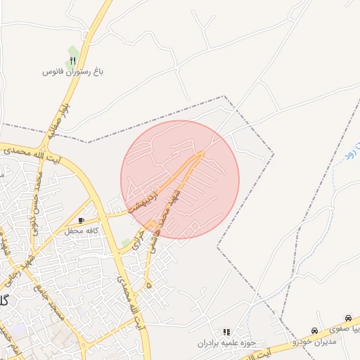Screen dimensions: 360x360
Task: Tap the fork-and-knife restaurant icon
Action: point(73,61)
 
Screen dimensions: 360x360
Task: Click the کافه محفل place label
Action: point(81,231)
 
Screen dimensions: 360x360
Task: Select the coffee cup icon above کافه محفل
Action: point(82,221)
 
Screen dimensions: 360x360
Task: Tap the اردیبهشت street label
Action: point(150,198)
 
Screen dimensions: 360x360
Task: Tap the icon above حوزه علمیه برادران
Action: point(226,332)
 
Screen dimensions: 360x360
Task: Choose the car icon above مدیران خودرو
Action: point(314,330)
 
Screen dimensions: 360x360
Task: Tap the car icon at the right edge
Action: point(348,319)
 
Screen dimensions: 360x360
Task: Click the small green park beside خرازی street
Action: point(126,242)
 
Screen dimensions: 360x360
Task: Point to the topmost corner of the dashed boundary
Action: point(224,96)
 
